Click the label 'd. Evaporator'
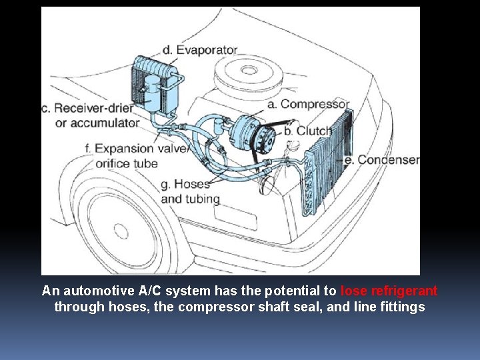click(x=199, y=50)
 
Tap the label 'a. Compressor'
click(x=308, y=104)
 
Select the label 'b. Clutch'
click(x=307, y=131)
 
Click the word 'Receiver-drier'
click(x=97, y=108)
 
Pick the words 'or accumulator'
click(x=97, y=123)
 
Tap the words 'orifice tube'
click(x=127, y=163)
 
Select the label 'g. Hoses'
click(x=185, y=183)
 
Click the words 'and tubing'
click(x=191, y=199)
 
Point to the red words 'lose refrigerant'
click(x=389, y=291)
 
